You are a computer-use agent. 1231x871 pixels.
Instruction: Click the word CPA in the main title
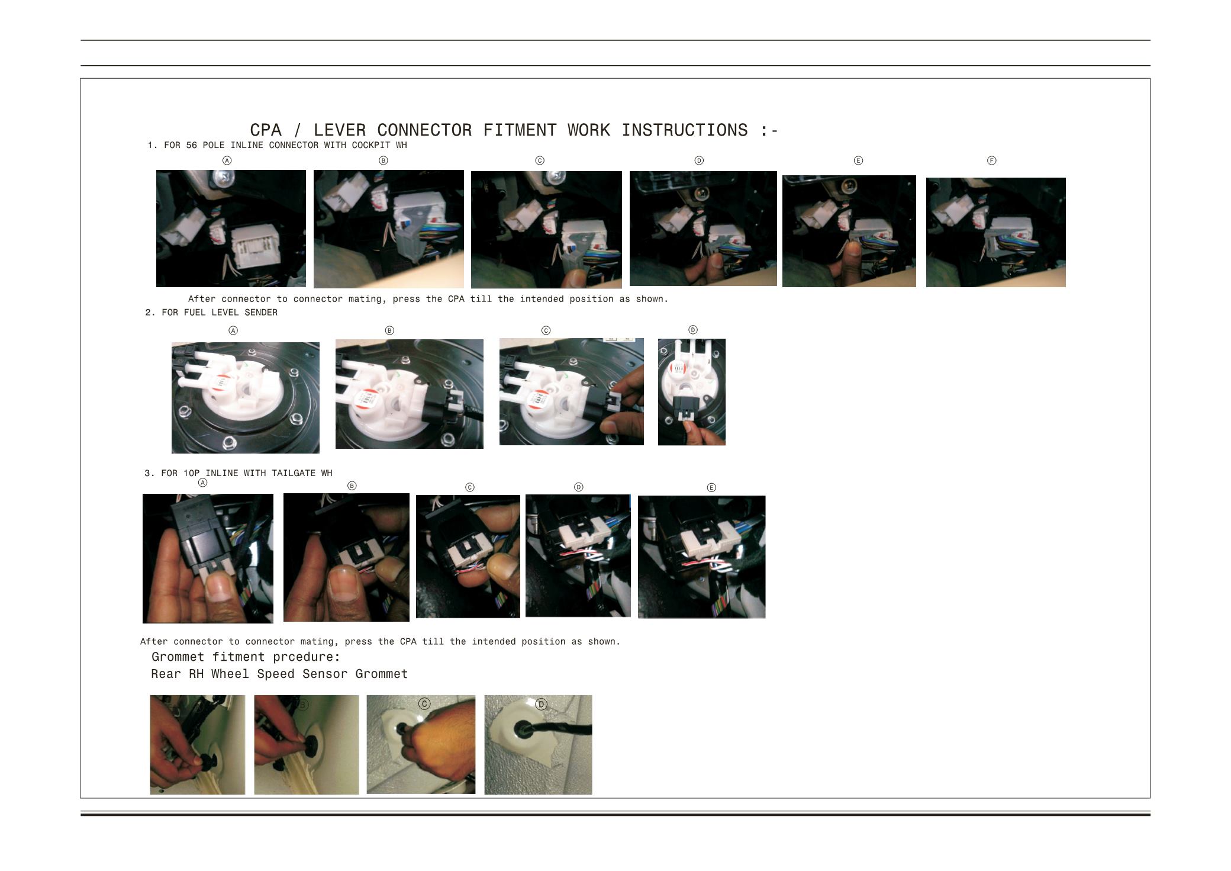266,130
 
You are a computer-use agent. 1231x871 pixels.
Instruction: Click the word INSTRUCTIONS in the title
685,130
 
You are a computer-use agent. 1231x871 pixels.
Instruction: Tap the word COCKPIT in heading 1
371,145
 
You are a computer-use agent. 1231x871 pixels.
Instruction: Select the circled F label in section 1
992,160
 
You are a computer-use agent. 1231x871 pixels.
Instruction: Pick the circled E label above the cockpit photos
858,160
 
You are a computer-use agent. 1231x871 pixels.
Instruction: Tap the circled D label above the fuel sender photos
693,330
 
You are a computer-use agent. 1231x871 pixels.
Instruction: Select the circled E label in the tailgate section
711,487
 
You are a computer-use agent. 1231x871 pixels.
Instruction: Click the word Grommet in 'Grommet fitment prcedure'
178,657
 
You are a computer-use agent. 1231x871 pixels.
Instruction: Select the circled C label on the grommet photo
424,704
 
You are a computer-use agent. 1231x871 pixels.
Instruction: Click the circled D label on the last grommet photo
541,704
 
